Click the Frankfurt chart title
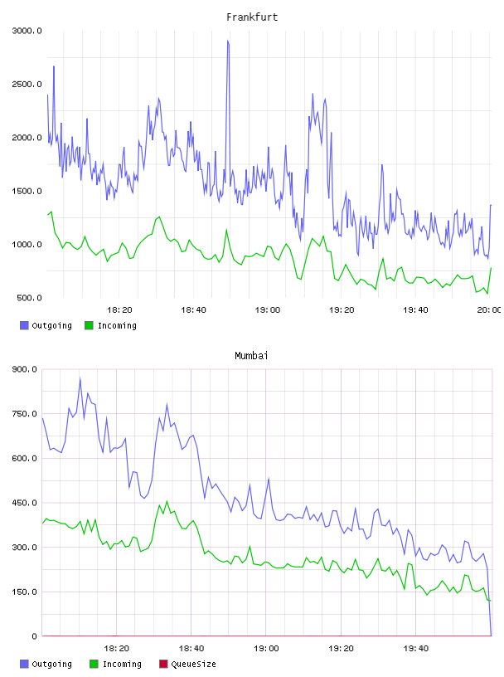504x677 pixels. [252, 17]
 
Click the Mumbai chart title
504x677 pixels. [251, 356]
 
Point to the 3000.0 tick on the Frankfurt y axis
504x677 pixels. [27, 31]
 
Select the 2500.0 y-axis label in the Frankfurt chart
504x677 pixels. [27, 84]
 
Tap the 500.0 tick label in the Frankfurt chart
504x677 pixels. [29, 298]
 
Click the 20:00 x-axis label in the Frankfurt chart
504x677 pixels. [489, 310]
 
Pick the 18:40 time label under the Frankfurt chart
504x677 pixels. [193, 310]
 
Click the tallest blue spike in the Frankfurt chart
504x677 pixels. [228, 41]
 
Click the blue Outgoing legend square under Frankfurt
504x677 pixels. [24, 325]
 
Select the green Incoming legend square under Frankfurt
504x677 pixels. [89, 325]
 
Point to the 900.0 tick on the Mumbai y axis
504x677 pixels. [25, 369]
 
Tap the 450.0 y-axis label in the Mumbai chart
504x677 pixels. [25, 503]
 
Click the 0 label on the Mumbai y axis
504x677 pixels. [35, 636]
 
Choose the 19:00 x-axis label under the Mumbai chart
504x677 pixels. [266, 649]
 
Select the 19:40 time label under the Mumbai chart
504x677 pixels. [416, 649]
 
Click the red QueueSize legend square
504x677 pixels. [163, 664]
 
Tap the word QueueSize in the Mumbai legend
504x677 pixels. [193, 664]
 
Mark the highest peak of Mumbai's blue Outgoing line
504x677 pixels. [80, 378]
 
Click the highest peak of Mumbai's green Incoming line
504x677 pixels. [167, 501]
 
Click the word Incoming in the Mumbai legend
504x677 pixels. [122, 664]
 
